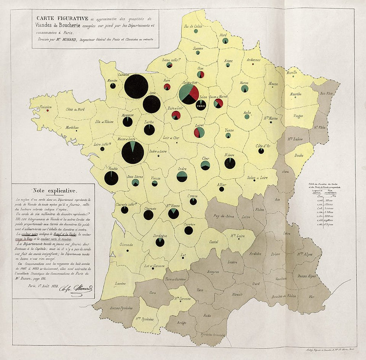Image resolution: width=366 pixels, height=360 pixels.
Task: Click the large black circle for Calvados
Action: (x=136, y=86)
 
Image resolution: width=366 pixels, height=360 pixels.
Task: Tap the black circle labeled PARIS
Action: (x=201, y=104)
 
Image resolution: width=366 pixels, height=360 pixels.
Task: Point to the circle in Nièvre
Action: (x=230, y=163)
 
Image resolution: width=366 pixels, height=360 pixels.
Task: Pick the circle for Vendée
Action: (x=111, y=178)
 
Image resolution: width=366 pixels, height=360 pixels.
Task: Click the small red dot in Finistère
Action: (x=48, y=111)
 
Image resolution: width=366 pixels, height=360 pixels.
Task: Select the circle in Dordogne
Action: (x=160, y=242)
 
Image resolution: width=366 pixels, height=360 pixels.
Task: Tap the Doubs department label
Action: (x=298, y=156)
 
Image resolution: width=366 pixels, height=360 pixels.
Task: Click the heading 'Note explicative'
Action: (x=54, y=191)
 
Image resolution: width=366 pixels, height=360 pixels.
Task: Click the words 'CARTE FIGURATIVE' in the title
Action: (x=62, y=18)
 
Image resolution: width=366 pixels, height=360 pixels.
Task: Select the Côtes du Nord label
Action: (x=75, y=109)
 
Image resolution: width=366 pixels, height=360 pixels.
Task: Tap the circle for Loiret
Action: (x=199, y=132)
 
